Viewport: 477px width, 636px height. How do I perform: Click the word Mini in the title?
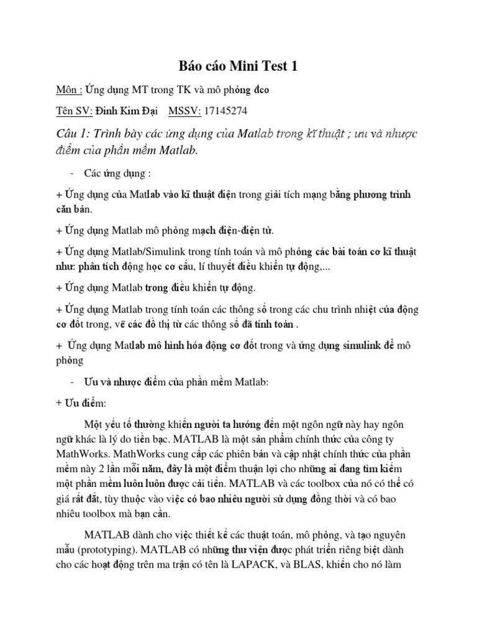click(x=238, y=66)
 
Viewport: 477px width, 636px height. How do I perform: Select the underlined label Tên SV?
click(x=73, y=111)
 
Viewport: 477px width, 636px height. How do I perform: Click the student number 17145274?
click(x=225, y=111)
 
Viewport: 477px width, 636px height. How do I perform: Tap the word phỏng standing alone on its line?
click(x=69, y=361)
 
